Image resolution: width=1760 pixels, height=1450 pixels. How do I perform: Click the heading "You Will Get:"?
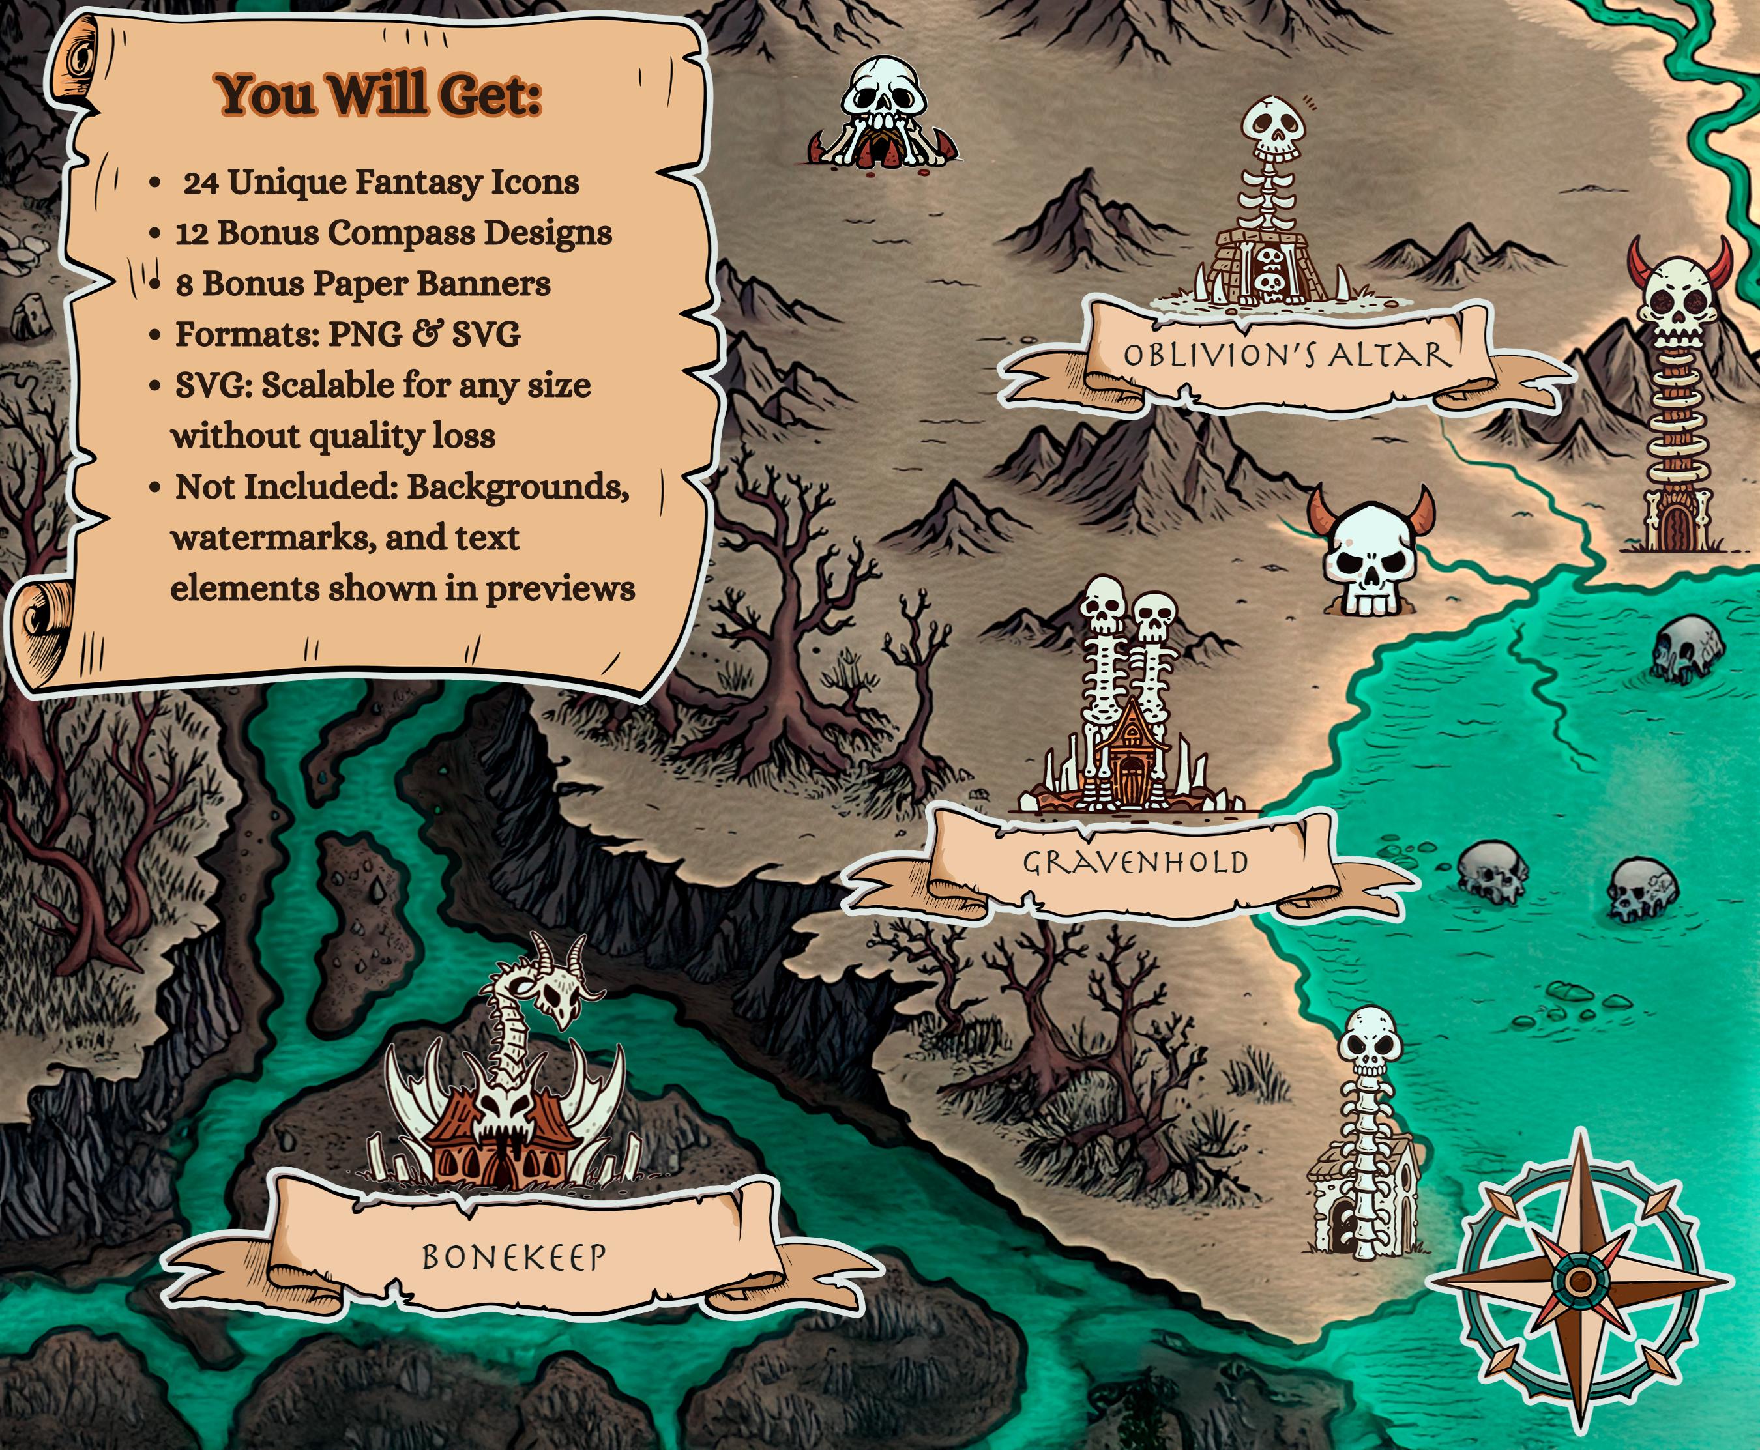380,94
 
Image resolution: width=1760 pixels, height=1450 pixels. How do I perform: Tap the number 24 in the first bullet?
201,182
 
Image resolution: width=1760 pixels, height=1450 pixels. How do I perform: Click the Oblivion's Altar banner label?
1286,355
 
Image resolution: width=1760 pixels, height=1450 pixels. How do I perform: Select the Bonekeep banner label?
513,1256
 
